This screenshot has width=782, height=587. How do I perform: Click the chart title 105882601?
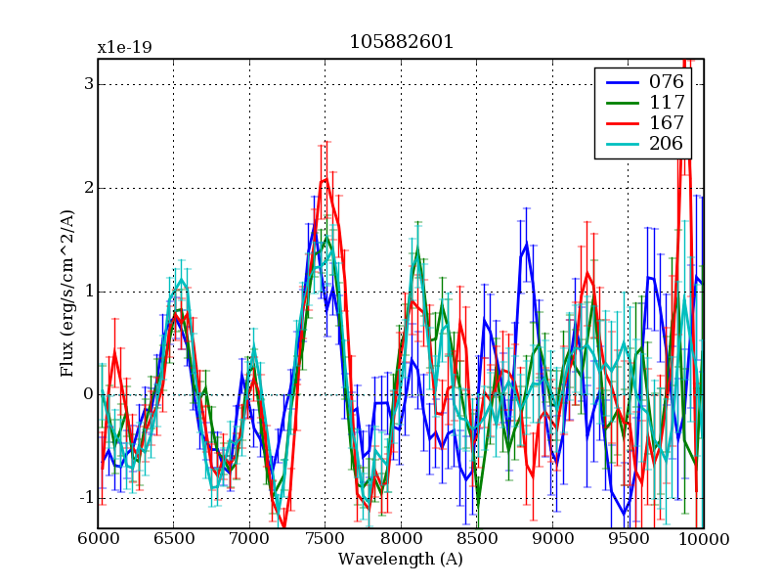(401, 43)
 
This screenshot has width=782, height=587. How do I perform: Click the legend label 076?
(667, 81)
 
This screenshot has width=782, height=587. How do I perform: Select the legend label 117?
(667, 102)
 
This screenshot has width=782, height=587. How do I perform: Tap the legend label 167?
(667, 123)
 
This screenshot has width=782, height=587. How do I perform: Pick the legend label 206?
(667, 144)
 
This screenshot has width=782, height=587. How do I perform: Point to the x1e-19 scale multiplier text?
(124, 47)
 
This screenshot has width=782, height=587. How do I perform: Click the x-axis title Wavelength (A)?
(401, 560)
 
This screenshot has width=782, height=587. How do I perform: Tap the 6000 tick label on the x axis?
(98, 539)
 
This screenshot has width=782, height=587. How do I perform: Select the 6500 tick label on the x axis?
(173, 539)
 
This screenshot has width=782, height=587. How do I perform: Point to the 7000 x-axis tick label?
(249, 539)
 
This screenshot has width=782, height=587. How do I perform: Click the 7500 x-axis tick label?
(325, 539)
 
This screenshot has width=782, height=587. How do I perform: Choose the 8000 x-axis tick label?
(401, 539)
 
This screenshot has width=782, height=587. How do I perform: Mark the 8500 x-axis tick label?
(476, 539)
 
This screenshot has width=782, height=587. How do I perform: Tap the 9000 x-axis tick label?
(552, 539)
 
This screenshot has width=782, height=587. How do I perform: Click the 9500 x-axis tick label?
(628, 539)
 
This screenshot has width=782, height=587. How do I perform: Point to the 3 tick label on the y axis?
(88, 84)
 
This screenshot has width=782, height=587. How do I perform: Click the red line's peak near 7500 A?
(326, 179)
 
